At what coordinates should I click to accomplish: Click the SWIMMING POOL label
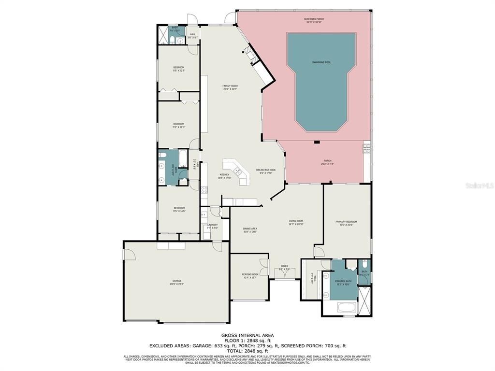[321, 62]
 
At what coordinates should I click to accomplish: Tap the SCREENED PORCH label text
[314, 20]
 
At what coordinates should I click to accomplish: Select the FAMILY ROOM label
[230, 86]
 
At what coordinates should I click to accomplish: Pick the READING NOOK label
[250, 274]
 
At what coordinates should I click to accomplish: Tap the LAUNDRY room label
[212, 225]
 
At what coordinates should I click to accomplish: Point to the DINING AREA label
[250, 228]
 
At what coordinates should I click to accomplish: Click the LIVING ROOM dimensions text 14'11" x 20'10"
[296, 224]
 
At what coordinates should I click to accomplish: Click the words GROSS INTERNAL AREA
[247, 335]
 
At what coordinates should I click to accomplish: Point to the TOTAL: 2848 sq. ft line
[247, 351]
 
